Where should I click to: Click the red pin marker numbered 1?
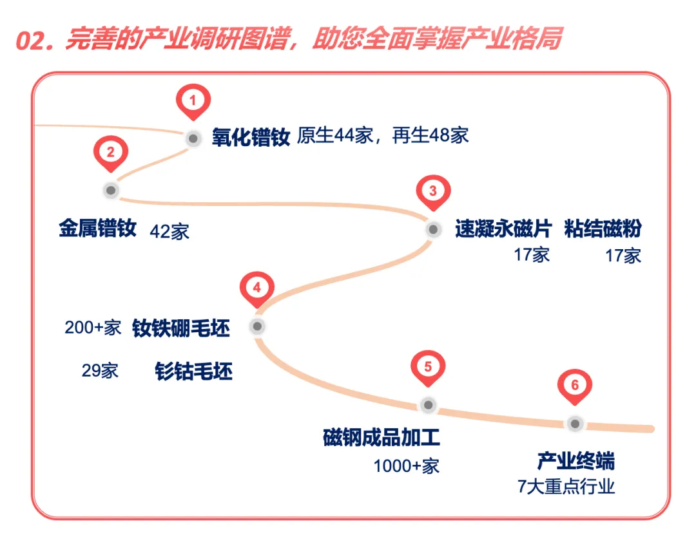193,100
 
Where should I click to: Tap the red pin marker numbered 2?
111,153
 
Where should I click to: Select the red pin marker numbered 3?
433,191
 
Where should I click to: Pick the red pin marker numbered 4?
257,288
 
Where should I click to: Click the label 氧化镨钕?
251,137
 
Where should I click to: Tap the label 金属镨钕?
97,229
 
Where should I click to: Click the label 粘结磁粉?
603,229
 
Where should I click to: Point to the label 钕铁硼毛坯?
181,328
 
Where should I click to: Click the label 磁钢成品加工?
382,438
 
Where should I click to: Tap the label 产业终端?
575,461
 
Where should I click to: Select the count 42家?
169,232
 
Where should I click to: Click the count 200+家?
93,328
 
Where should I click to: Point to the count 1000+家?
407,465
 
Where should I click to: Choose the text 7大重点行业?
566,486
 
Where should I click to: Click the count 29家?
100,371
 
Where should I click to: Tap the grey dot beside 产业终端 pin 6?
575,424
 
